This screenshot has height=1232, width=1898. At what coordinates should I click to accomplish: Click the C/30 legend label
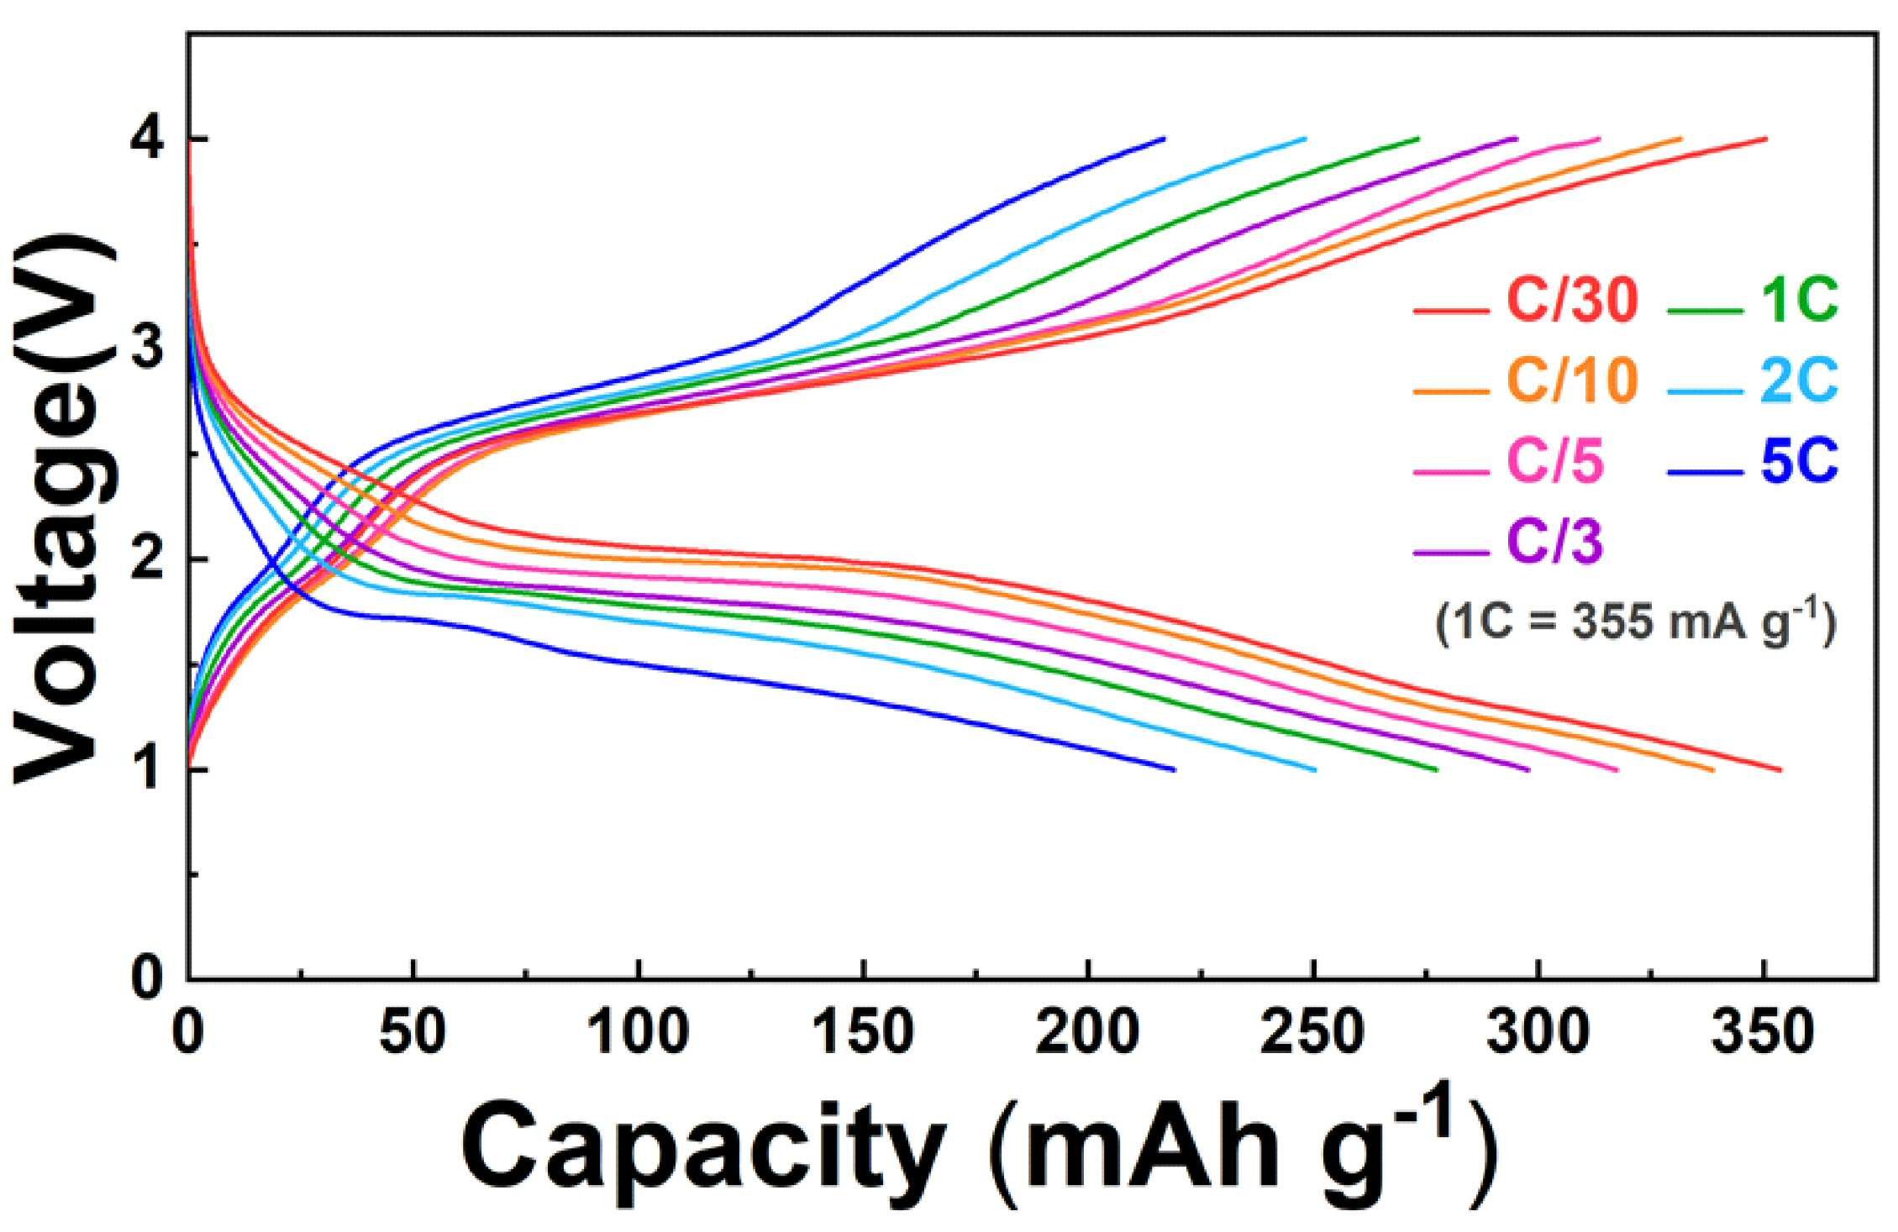[x=1572, y=300]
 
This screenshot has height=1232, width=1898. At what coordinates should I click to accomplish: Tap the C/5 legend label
[x=1555, y=461]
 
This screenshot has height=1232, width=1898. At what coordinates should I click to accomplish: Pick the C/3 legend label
[x=1555, y=542]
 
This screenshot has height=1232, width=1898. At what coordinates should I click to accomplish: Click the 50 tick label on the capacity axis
[x=411, y=1032]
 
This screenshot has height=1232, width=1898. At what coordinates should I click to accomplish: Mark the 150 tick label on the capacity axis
[x=863, y=1032]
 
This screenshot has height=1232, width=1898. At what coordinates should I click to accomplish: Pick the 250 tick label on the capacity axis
[x=1312, y=1032]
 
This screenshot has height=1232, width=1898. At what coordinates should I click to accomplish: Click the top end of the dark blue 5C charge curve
[x=1164, y=138]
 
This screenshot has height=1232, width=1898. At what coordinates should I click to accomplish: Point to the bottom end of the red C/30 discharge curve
[x=1780, y=769]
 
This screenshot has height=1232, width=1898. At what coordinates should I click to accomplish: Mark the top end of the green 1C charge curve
[x=1418, y=138]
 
